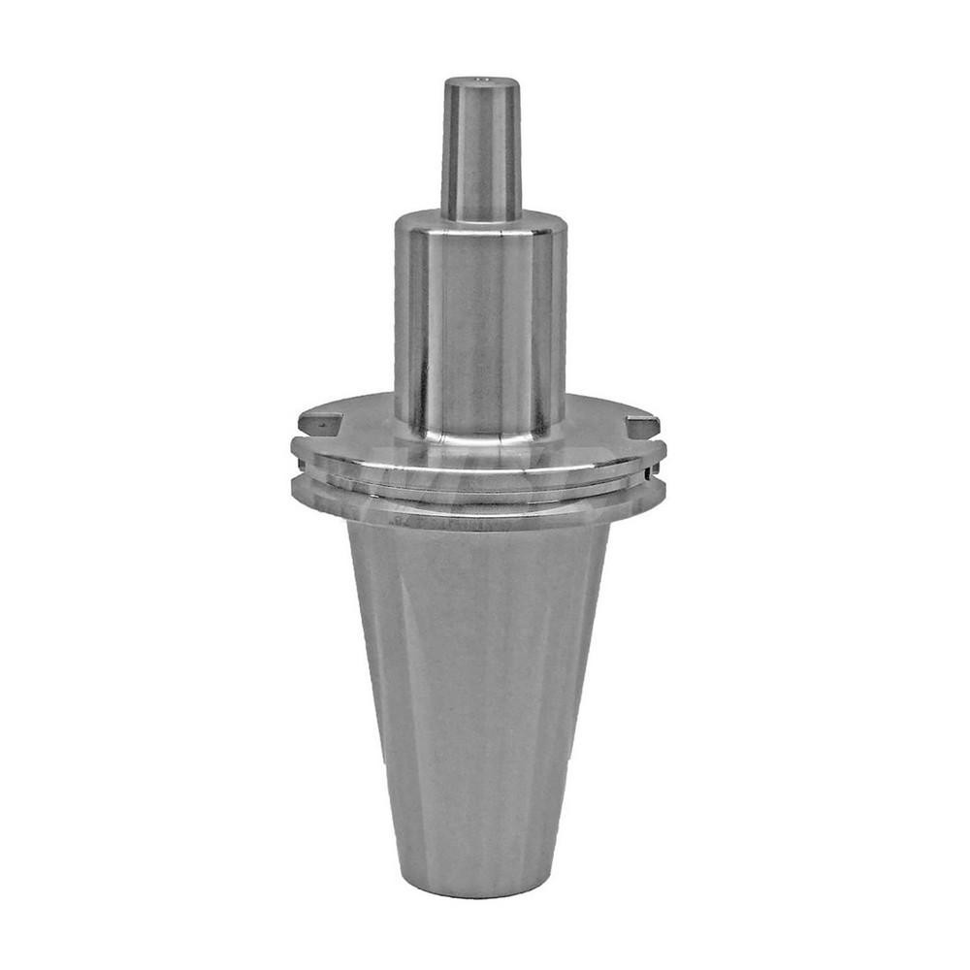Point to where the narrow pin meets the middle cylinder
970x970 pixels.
[480, 215]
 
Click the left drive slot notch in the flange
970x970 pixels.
[320, 422]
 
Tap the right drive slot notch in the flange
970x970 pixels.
[642, 425]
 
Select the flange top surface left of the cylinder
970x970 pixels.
[359, 427]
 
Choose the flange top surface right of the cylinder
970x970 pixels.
[601, 427]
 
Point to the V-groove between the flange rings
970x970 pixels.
[480, 485]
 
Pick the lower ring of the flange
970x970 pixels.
[480, 506]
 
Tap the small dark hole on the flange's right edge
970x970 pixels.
[646, 474]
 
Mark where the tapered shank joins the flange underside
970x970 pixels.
[480, 529]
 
